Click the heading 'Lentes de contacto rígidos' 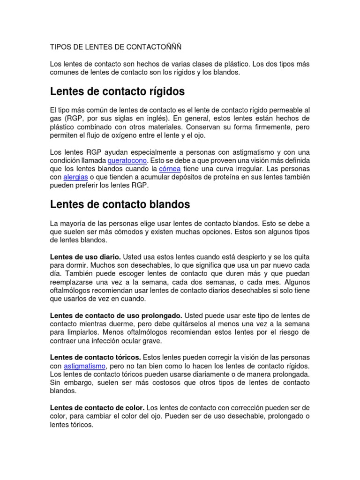(x=117, y=91)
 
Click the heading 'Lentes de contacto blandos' (x=120, y=204)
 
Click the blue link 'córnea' (x=169, y=169)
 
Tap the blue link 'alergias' (x=75, y=177)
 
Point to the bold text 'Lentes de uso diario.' (x=85, y=256)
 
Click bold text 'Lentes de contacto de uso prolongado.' (x=116, y=315)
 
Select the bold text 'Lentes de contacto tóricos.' (x=95, y=357)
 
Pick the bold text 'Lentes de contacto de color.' (x=97, y=408)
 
